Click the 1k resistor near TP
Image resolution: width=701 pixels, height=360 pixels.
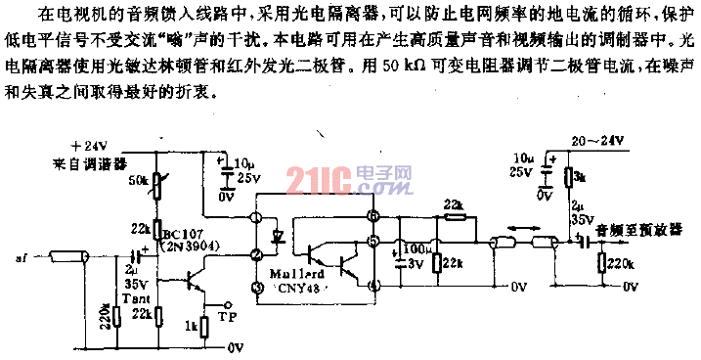click(203, 326)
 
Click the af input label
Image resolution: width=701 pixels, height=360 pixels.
click(21, 259)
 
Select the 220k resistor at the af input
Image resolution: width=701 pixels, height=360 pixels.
click(115, 316)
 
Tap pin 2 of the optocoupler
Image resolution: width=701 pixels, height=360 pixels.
click(255, 254)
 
